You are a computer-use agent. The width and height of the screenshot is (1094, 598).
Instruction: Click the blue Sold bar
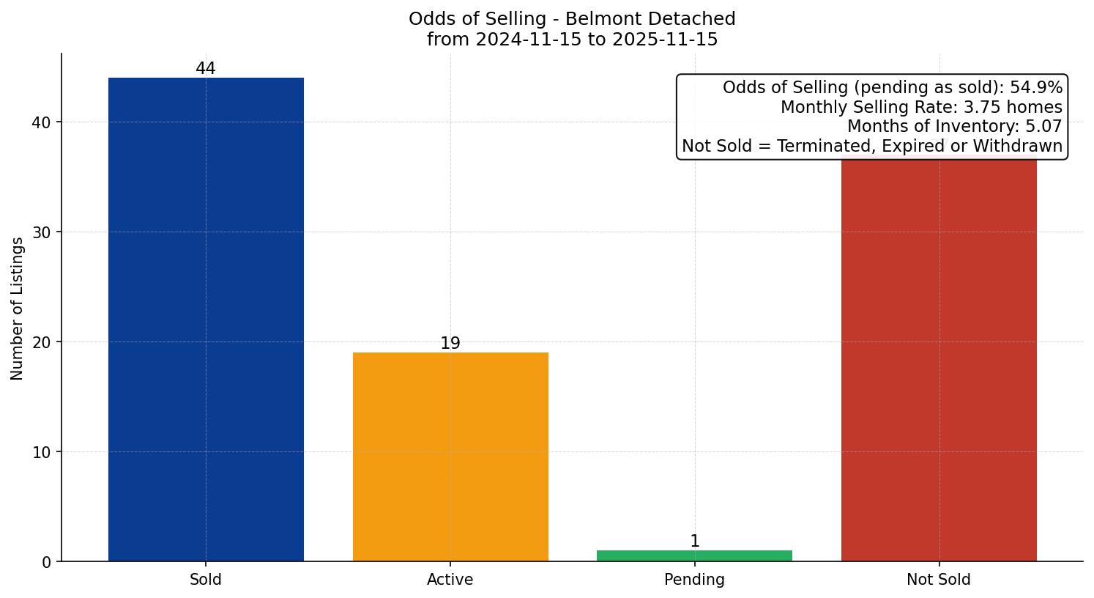206,320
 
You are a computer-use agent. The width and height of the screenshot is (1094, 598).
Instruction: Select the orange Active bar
450,457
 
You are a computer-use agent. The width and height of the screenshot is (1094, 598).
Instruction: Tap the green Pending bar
694,555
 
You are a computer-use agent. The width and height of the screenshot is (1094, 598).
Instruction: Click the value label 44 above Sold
206,69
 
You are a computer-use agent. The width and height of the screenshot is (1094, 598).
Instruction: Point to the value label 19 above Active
450,344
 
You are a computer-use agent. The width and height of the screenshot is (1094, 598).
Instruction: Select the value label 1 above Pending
695,542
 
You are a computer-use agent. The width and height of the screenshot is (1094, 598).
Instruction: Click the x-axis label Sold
206,580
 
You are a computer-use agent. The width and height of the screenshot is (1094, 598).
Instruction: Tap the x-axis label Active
450,580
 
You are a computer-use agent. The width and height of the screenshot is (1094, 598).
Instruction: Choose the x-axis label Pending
694,580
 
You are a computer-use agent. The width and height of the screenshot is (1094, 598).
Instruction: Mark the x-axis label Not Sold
939,580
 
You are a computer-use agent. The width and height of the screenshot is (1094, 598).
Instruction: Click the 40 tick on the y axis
42,122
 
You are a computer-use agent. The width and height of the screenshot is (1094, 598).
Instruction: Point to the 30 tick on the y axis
42,232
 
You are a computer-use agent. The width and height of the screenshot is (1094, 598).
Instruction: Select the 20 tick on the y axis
42,342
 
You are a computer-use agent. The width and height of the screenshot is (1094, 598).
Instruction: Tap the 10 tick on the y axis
42,452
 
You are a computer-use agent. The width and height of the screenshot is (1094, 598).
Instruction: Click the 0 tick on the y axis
47,562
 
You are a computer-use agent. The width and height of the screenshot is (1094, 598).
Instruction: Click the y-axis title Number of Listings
18,309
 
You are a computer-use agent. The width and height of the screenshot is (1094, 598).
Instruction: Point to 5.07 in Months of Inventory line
1043,127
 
